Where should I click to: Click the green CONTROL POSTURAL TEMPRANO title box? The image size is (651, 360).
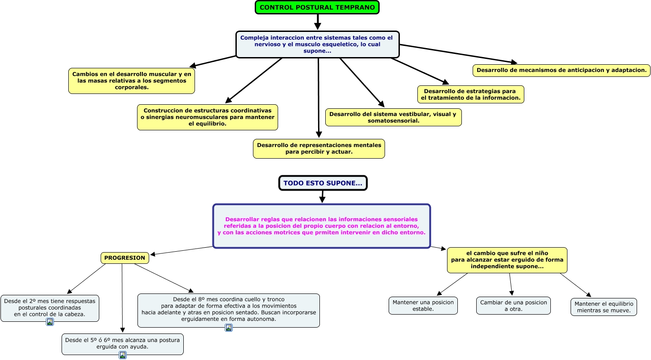317,7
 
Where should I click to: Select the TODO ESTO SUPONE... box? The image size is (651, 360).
323,183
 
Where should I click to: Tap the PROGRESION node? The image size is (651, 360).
124,258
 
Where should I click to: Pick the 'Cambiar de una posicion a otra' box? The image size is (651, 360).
513,306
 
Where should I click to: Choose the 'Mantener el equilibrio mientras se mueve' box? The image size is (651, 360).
603,307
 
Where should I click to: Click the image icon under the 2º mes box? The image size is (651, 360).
50,322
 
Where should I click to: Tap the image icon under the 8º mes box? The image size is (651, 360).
229,328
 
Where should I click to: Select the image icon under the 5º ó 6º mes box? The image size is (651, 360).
123,355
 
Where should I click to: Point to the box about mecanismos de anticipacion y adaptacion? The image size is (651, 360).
562,70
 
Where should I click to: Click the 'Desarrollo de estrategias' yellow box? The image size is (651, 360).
470,94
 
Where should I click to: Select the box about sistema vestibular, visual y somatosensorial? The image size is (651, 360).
393,117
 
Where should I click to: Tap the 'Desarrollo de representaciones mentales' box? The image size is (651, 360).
319,149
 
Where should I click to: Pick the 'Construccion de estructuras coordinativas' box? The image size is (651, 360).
208,117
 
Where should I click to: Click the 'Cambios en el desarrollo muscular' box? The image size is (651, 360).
132,81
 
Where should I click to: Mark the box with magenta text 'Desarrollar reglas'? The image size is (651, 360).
321,226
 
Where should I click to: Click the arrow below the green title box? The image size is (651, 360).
318,22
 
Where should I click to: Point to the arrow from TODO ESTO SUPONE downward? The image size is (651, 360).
323,196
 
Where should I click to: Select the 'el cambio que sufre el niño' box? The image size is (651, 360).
507,260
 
